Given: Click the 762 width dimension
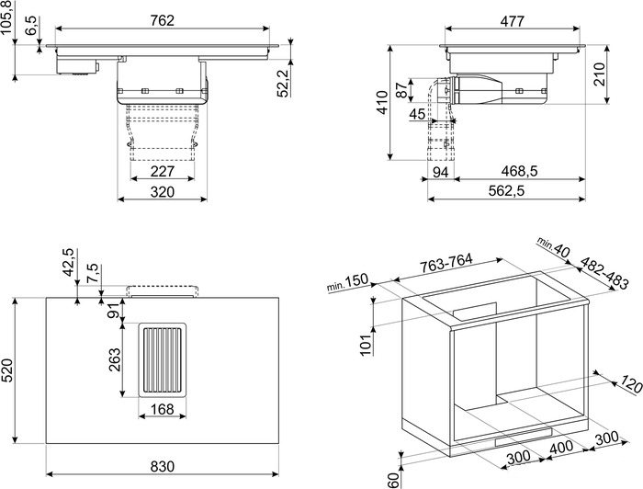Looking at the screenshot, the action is [162, 20].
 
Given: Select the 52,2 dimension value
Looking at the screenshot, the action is [283, 84].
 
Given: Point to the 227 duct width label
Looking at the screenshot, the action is [163, 171].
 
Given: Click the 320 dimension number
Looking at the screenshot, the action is [163, 191].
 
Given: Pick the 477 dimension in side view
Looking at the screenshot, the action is [513, 20].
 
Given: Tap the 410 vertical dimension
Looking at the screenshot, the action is [382, 103].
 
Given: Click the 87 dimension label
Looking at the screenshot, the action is [402, 90].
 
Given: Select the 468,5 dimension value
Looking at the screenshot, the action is [519, 171].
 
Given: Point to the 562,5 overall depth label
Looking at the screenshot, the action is [506, 191].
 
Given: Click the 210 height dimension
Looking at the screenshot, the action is [600, 74].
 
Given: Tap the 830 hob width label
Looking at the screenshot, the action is [163, 466].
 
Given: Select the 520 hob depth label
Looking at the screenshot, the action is [8, 370].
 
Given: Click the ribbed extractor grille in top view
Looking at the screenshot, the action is [163, 360].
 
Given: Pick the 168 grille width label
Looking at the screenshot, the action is [163, 409].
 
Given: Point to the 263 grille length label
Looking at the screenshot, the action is [115, 359].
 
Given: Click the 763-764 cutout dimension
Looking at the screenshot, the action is [446, 264].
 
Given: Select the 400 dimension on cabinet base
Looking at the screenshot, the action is [562, 446].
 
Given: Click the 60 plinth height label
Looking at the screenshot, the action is [393, 481].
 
